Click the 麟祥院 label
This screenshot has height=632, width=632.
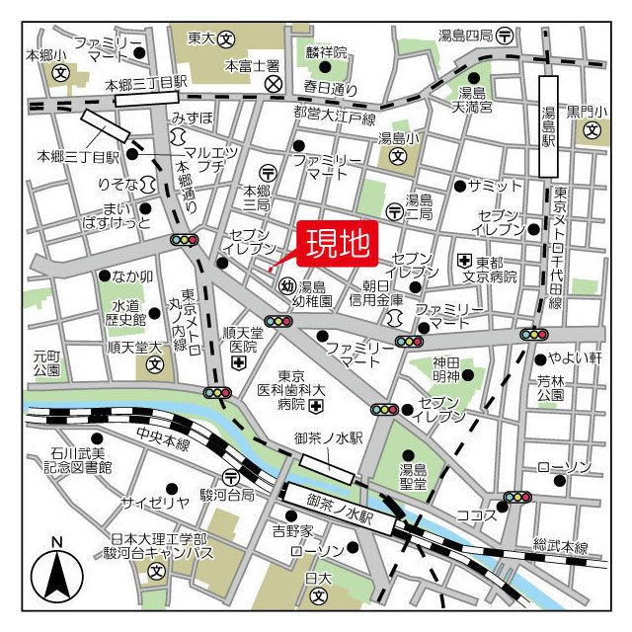(326, 51)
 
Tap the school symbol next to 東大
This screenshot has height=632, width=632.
(227, 39)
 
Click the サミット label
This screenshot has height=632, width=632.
(495, 186)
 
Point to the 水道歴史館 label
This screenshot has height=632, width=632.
(125, 312)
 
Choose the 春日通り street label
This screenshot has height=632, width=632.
(327, 86)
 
